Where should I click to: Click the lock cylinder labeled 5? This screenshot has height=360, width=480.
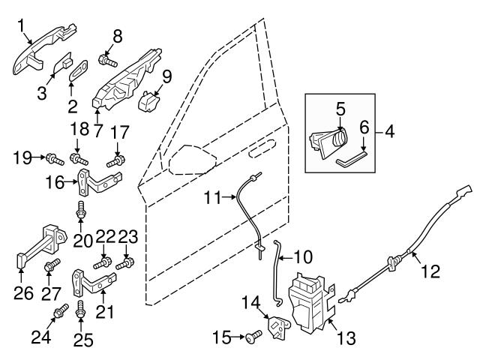click(x=329, y=139)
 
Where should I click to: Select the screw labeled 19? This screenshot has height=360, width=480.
click(x=53, y=158)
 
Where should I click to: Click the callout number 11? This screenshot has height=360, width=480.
click(x=212, y=199)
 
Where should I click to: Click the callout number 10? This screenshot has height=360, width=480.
click(x=303, y=257)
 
